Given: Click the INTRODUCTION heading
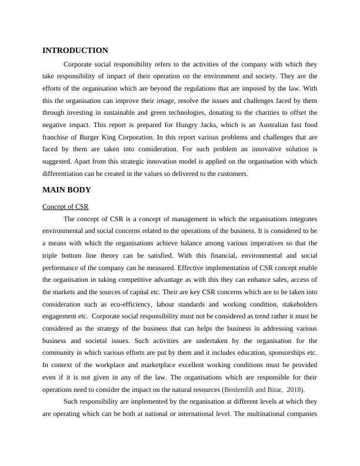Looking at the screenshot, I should point(75,51).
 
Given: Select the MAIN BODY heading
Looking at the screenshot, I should point(66,190).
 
